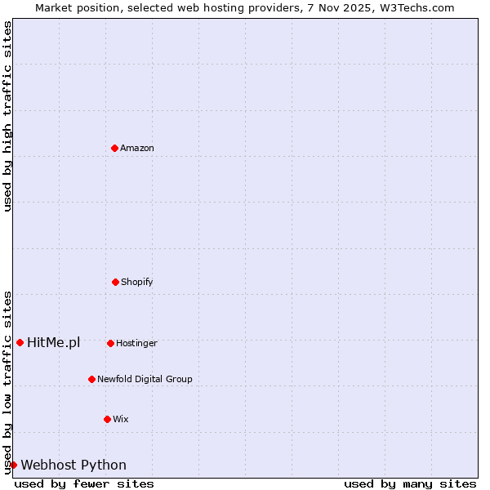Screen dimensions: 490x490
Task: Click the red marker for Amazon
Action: tap(114, 148)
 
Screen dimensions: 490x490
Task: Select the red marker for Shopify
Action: tap(115, 282)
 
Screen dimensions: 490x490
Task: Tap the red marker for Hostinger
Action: tap(110, 343)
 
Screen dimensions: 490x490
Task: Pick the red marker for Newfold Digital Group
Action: tap(91, 379)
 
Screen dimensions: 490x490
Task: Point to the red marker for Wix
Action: tap(107, 419)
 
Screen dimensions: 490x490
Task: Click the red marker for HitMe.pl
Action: tap(20, 342)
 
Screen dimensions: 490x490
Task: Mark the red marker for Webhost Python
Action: tap(13, 465)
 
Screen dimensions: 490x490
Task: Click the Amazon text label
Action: tap(137, 148)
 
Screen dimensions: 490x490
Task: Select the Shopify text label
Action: tap(137, 282)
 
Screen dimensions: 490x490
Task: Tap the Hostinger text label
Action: tap(136, 343)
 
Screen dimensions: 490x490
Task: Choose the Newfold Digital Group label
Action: tap(145, 379)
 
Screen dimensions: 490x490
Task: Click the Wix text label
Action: tap(121, 419)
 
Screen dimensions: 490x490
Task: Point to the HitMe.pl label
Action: tap(54, 342)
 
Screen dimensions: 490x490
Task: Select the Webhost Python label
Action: tap(73, 465)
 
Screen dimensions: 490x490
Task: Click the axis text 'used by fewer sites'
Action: tap(84, 483)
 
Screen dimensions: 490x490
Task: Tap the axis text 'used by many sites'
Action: tap(410, 483)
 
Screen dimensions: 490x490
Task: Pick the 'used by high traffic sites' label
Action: tap(7, 116)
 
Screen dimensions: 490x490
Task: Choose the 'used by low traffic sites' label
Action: tap(7, 381)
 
